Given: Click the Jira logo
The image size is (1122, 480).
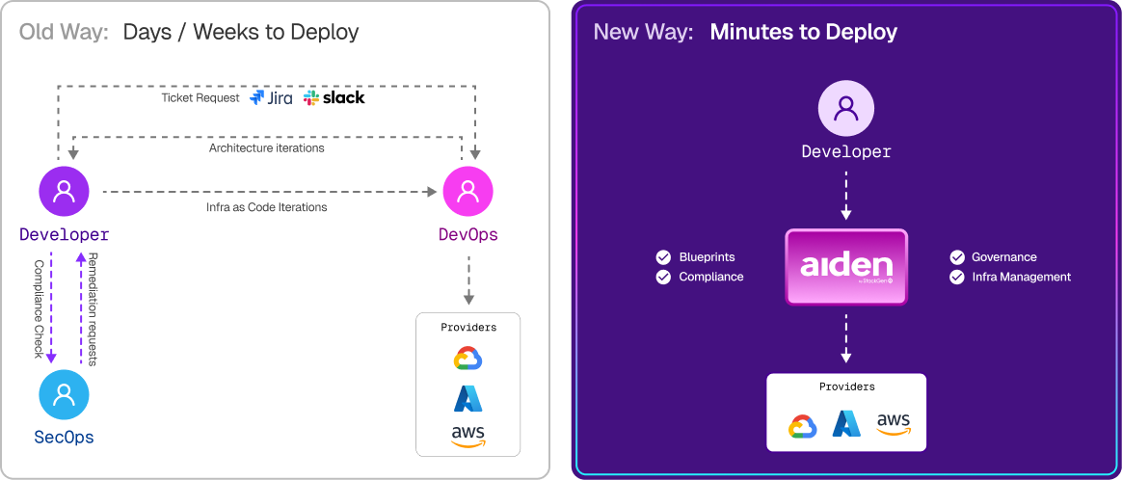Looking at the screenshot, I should [x=272, y=97].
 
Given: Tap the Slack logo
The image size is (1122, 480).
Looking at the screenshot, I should [x=334, y=97].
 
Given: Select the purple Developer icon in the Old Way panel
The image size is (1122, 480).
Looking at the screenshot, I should [x=64, y=192].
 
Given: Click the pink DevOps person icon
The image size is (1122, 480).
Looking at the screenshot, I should [x=467, y=192].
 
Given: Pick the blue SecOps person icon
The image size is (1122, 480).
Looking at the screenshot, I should [x=64, y=394].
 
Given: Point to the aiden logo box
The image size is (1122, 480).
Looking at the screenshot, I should [x=846, y=267].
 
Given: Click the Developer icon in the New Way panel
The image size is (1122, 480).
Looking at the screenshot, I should [x=846, y=107].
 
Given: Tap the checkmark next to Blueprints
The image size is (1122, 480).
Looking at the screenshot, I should [x=663, y=257].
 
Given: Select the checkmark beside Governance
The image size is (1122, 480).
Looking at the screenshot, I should [x=956, y=257].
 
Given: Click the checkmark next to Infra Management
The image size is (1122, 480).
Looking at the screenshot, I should [x=956, y=277].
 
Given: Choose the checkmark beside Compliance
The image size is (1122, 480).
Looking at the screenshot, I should [x=663, y=277].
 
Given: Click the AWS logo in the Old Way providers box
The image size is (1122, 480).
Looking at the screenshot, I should [x=467, y=436].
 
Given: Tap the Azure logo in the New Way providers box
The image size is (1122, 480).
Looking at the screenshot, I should [x=846, y=424].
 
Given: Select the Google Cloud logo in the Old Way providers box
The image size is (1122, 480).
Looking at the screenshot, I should [x=467, y=359].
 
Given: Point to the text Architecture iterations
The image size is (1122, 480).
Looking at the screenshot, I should [x=266, y=148].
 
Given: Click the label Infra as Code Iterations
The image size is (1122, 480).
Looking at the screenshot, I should [x=266, y=207].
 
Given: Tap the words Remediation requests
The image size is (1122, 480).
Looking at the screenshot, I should [x=93, y=308].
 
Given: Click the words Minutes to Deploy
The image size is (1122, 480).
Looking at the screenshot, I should [x=803, y=32].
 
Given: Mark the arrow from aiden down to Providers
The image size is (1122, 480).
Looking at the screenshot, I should [x=846, y=337].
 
